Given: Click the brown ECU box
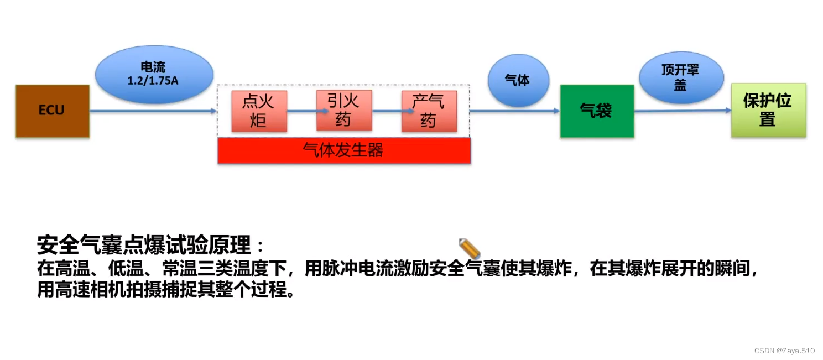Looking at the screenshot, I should click(x=52, y=111).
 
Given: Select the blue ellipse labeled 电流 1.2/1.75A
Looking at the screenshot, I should click(x=154, y=74).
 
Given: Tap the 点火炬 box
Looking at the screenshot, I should click(x=259, y=111).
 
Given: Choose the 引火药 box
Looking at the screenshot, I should click(x=343, y=110).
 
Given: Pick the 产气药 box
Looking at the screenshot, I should click(x=429, y=111).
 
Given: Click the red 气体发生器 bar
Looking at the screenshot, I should click(x=343, y=150).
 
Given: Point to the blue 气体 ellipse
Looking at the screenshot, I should click(x=518, y=81).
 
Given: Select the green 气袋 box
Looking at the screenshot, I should click(x=596, y=111).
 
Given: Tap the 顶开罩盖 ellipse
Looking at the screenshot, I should click(x=680, y=77).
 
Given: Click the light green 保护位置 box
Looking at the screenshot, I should click(x=768, y=110).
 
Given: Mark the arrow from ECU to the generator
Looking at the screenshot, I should click(x=153, y=111).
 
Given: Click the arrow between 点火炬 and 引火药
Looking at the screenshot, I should click(x=301, y=111).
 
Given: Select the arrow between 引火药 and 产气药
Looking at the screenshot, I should click(x=387, y=111).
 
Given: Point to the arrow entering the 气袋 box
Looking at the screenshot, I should click(x=514, y=111).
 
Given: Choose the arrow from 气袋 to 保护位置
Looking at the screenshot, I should click(x=683, y=111).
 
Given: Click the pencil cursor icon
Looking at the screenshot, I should click(x=469, y=248).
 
